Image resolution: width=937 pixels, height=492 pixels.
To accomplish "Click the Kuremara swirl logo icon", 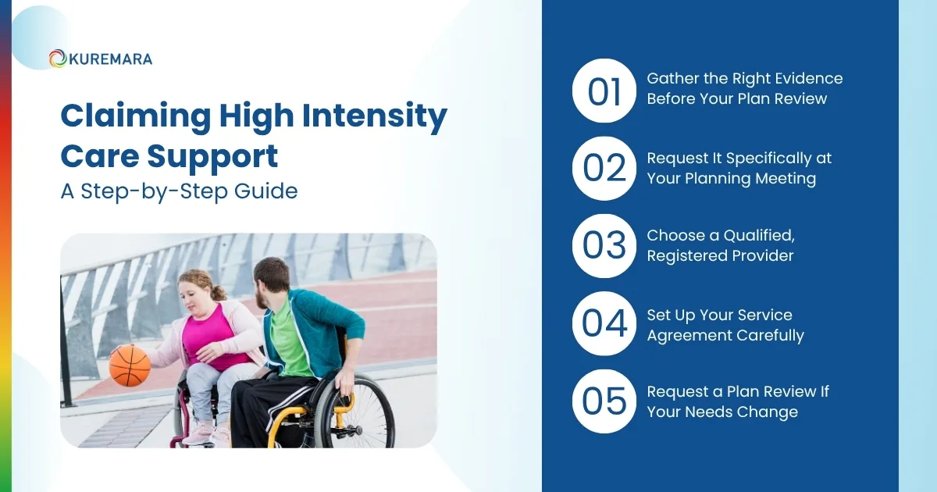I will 57,59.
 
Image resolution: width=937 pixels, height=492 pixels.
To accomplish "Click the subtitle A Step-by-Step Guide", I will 179,191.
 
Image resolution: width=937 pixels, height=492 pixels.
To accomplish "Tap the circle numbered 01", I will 604,91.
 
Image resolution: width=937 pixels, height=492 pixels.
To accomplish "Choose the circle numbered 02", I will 604,169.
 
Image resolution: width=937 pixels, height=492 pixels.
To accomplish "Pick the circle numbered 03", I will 604,246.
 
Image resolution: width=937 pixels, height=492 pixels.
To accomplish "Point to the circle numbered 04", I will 604,323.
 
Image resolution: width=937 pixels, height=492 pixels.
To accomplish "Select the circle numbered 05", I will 604,401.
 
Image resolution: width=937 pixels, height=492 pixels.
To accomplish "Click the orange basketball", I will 130,365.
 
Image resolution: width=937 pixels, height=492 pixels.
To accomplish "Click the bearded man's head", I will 273,283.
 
